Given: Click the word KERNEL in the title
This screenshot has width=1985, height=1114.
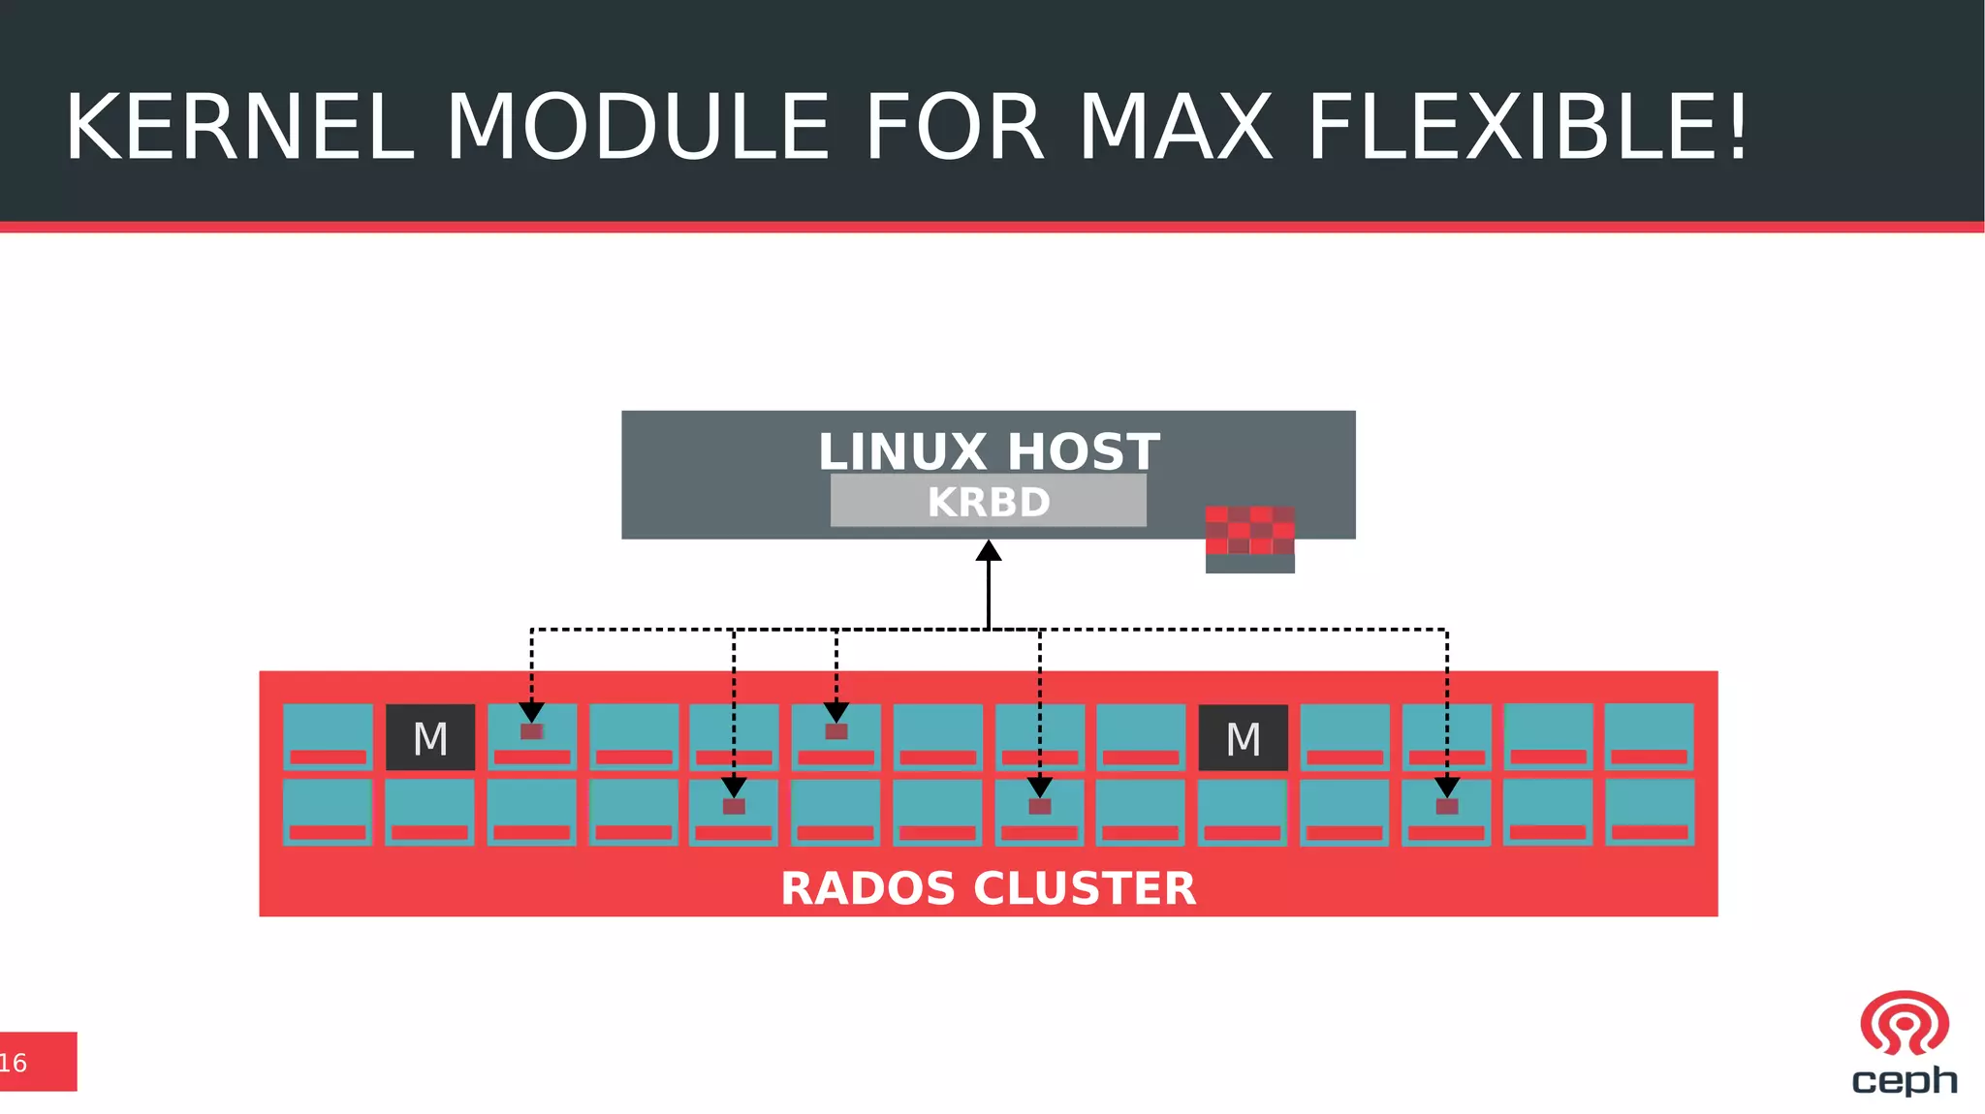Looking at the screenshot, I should [239, 128].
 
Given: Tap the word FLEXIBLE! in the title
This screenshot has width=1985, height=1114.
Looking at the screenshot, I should [1528, 128].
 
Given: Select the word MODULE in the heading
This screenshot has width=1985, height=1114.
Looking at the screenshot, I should [637, 128].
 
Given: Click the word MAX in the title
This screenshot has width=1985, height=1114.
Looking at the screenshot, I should [1175, 128].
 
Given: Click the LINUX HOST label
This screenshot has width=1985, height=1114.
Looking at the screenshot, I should [989, 451].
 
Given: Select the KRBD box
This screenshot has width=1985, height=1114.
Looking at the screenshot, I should [989, 501].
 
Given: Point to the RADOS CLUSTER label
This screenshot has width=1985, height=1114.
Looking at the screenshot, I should [989, 888].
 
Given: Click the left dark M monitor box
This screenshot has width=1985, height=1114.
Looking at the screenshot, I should [430, 738].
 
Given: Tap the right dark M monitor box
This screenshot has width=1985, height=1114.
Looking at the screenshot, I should [1244, 738].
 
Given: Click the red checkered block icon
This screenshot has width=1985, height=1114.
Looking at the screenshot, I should [1249, 531].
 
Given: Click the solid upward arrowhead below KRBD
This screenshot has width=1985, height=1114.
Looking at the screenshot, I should [989, 552].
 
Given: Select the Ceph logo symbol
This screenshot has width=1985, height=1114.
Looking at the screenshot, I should [1904, 1023].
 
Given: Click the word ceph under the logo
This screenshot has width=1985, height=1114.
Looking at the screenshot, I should [1904, 1080].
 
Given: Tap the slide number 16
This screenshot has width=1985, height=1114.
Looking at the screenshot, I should [14, 1063].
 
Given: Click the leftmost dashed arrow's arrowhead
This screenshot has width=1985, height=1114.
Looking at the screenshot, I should [531, 712].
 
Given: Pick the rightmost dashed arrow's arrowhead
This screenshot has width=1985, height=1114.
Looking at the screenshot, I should [1447, 787].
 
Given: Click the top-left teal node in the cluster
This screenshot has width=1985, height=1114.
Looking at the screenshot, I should [328, 736].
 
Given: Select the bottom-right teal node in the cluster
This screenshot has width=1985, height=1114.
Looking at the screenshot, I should [1650, 812].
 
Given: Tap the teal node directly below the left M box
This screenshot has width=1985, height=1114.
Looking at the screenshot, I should [429, 812].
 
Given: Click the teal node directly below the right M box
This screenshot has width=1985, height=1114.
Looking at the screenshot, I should [1243, 812].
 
